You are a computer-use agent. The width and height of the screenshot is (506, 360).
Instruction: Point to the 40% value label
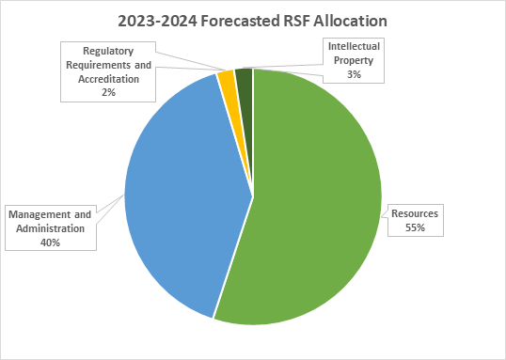click(51, 243)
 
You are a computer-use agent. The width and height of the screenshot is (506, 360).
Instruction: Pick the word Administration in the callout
click(51, 229)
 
